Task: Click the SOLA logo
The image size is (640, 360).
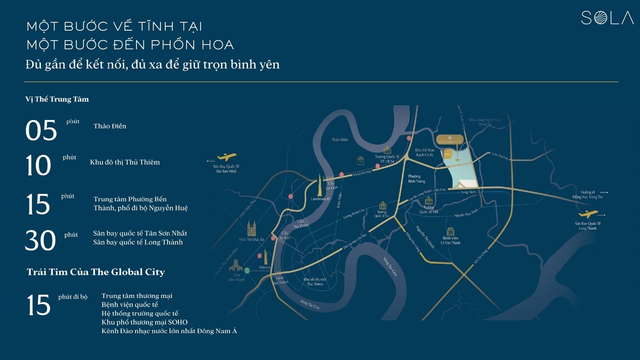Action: click(x=607, y=18)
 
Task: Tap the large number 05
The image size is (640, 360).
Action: click(x=41, y=130)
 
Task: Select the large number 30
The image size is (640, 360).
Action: click(x=41, y=241)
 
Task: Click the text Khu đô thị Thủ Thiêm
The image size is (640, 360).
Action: click(x=125, y=162)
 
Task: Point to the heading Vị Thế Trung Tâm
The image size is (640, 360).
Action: click(x=57, y=99)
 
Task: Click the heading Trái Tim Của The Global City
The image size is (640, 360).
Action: click(x=96, y=272)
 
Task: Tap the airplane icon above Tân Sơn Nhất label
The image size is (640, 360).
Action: click(x=227, y=157)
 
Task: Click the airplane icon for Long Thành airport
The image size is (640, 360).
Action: click(x=588, y=214)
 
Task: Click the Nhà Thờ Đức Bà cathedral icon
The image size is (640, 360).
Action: click(x=252, y=229)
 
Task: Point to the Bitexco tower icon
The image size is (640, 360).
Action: click(x=265, y=257)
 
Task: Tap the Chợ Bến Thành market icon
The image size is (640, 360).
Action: click(x=236, y=267)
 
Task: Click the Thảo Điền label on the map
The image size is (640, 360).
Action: click(x=340, y=139)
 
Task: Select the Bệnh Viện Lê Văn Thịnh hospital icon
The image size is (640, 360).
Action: click(x=451, y=232)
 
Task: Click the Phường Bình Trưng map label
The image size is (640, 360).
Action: click(x=416, y=179)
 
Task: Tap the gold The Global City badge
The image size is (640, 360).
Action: click(x=450, y=140)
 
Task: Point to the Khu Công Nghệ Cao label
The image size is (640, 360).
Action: click(x=485, y=122)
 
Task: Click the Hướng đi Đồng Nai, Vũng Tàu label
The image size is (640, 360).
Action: click(x=588, y=195)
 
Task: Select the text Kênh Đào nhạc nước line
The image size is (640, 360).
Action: click(x=169, y=331)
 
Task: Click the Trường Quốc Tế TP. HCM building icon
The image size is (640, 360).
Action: click(x=387, y=150)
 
